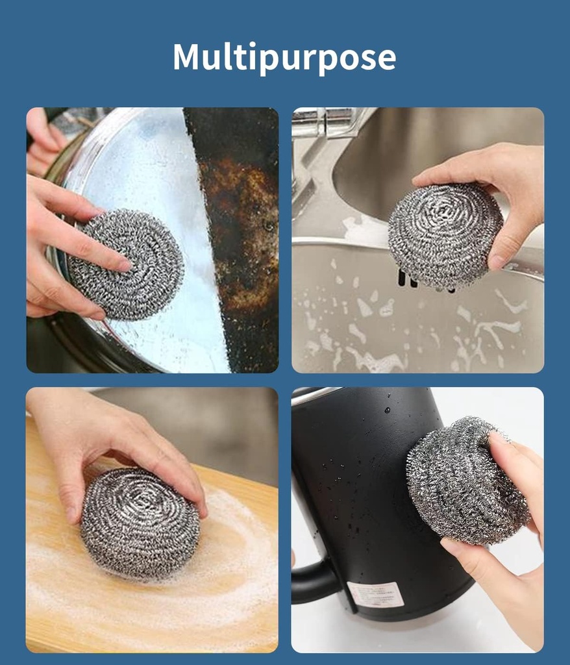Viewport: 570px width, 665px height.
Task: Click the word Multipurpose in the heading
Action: point(284,57)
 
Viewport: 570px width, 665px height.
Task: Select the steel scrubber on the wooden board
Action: point(139,522)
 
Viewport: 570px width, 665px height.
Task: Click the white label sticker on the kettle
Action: point(375,594)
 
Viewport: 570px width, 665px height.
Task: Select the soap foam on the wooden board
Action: point(234,552)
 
